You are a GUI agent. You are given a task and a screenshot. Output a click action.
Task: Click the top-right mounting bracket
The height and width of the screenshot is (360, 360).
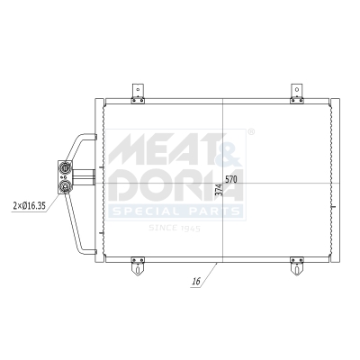pos(295,90)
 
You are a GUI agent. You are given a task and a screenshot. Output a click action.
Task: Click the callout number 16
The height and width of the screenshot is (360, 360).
pos(194,283)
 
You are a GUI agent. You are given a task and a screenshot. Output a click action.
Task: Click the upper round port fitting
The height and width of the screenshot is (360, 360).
pos(66,166)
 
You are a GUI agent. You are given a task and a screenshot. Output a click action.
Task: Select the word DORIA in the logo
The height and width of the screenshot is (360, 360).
pos(175,184)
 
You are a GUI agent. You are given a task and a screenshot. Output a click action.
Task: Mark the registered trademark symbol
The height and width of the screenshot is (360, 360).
pos(251,132)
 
